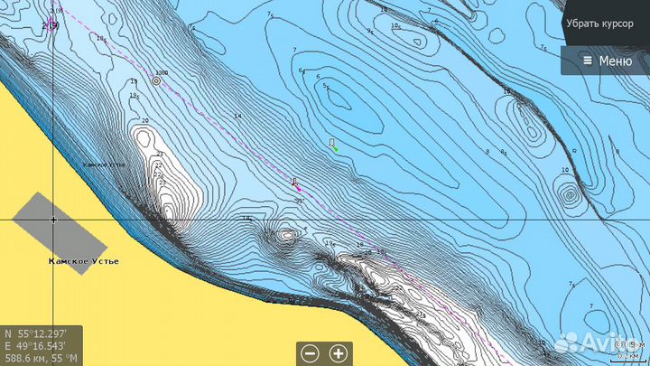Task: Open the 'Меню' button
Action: point(606,61)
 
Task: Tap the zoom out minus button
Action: point(310,353)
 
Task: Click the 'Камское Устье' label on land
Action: point(83,261)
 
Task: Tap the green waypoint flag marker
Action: point(333,145)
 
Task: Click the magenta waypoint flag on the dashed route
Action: point(295,183)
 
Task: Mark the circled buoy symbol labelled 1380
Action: point(156,80)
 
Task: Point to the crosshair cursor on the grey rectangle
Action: point(53,220)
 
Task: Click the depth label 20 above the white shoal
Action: point(144,121)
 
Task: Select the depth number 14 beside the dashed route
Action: point(237,117)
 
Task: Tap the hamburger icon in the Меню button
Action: point(588,61)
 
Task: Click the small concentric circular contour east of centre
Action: point(569,194)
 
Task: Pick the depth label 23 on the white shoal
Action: point(162,183)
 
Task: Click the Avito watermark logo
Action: point(596,343)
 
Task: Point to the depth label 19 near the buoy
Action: point(134,95)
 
